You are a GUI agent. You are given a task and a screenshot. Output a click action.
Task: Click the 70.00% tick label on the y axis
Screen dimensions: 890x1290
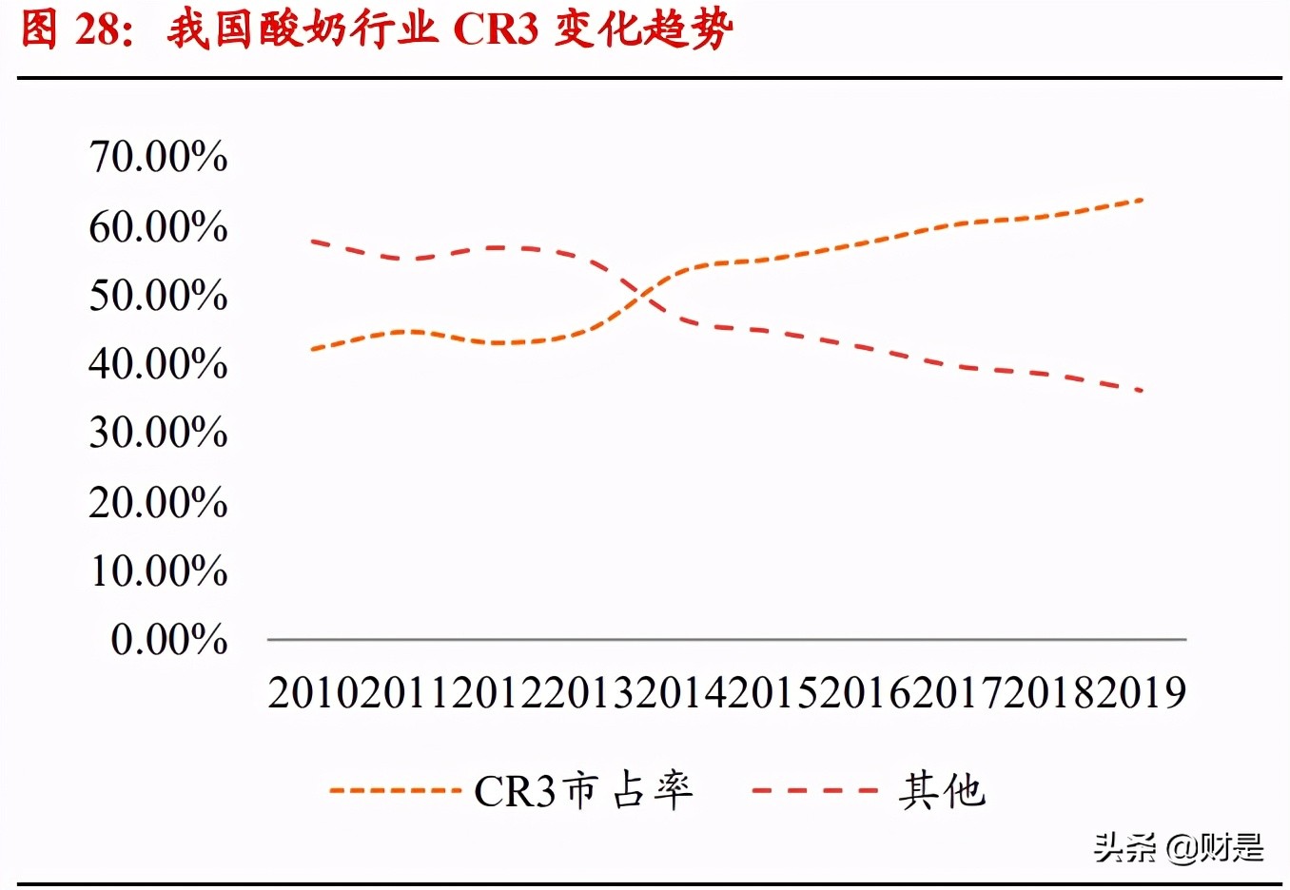[x=158, y=157]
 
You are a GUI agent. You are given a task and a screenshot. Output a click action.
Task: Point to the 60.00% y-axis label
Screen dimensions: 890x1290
[x=158, y=227]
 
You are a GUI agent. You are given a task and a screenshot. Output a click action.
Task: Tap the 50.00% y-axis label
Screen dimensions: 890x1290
[x=158, y=296]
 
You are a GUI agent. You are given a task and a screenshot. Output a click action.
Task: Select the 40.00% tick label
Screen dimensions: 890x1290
[x=158, y=364]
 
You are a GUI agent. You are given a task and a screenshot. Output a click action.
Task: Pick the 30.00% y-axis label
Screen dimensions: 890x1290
[x=158, y=434]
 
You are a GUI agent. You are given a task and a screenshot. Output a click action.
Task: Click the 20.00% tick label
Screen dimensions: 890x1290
[x=158, y=503]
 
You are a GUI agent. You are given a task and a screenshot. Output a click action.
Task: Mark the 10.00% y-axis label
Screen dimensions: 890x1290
[x=158, y=571]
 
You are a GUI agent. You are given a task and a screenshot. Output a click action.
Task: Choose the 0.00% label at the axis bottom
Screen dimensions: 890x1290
[x=169, y=640]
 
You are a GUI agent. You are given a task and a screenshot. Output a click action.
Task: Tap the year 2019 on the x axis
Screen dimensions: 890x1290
[x=1141, y=693]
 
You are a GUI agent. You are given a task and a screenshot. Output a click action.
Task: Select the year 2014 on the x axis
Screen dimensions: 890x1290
[x=681, y=693]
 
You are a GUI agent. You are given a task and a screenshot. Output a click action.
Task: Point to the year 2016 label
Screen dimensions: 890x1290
[x=865, y=693]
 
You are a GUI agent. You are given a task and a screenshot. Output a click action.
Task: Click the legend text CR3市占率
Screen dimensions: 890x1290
[x=583, y=791]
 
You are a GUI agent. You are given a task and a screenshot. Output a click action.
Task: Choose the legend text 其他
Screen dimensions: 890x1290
[x=942, y=791]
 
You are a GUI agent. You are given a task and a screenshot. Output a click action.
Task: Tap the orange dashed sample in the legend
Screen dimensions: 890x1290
[x=395, y=791]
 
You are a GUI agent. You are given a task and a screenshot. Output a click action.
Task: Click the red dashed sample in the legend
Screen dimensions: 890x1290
[x=814, y=791]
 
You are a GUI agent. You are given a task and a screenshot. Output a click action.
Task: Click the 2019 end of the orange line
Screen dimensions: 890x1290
[x=1141, y=201]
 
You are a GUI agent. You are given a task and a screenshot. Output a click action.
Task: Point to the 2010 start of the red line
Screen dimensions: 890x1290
[x=314, y=242]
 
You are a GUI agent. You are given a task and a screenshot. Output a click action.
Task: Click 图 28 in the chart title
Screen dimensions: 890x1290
[x=71, y=29]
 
